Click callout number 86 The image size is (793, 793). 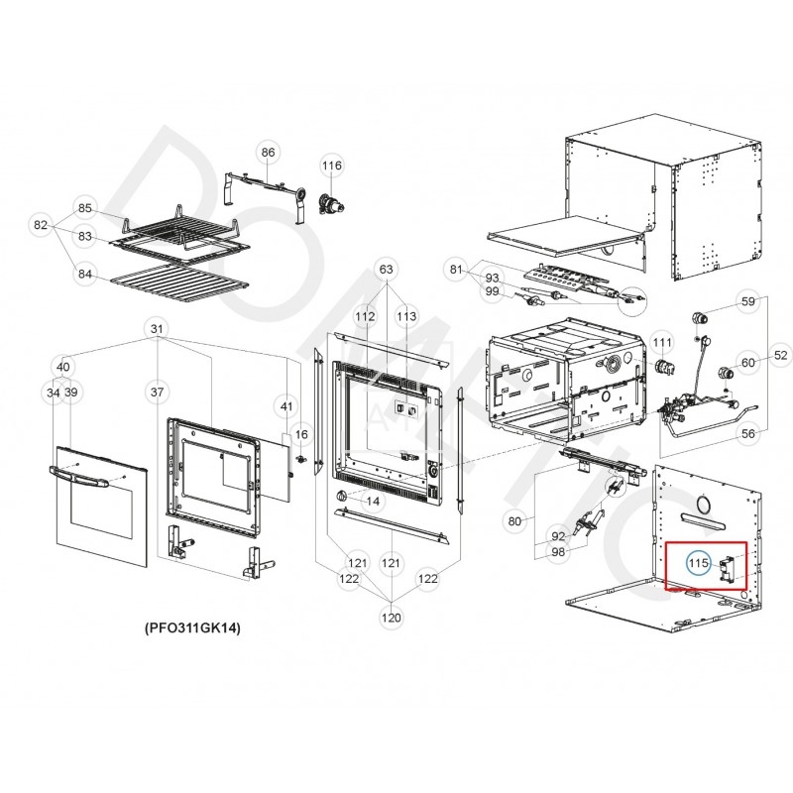click(268, 152)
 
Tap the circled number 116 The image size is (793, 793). click(331, 166)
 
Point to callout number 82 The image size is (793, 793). click(41, 226)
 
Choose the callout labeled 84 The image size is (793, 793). click(85, 275)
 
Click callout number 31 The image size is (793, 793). click(156, 328)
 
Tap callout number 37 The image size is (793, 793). click(156, 393)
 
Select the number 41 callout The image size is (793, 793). click(286, 406)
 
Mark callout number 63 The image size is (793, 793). click(387, 269)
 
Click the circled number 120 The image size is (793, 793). click(392, 618)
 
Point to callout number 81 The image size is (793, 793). click(456, 269)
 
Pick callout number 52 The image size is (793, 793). click(780, 355)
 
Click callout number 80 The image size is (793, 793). click(514, 520)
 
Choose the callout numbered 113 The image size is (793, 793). click(407, 316)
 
